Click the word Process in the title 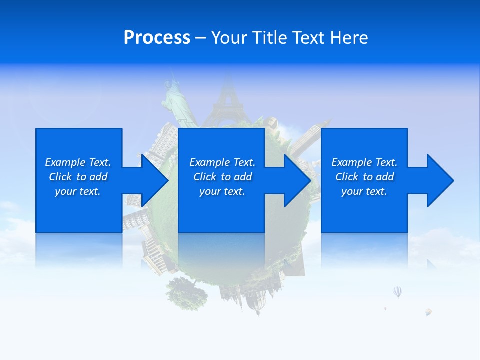[x=157, y=38]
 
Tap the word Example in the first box [x=65, y=162]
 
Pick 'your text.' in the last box [x=364, y=191]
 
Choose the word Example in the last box [x=352, y=162]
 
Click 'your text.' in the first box [x=78, y=191]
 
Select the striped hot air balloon [x=397, y=291]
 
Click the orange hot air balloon [x=428, y=312]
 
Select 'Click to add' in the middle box [x=222, y=177]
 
